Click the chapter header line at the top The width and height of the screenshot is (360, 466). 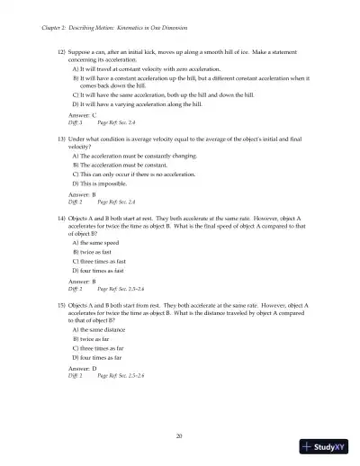click(112, 30)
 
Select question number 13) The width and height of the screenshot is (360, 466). click(63, 143)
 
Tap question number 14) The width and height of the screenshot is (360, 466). click(63, 219)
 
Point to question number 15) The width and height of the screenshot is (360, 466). click(63, 306)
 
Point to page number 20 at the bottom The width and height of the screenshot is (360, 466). click(180, 435)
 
